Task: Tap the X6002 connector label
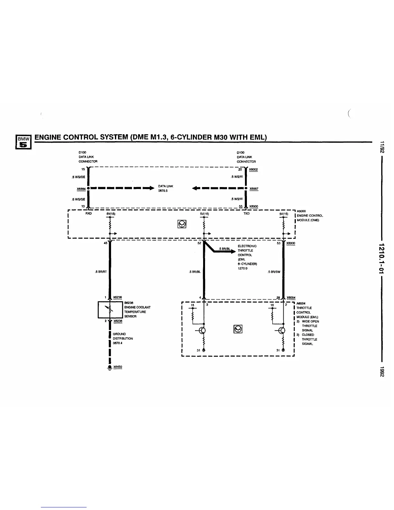254,170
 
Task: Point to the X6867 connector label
254,189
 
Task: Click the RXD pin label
88,213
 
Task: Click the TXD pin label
247,213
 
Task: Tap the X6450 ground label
118,367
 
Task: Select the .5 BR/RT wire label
101,272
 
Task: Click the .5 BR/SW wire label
274,272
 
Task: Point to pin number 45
106,243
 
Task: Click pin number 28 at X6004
278,297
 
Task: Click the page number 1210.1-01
382,258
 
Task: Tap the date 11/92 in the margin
382,147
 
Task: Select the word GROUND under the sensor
119,334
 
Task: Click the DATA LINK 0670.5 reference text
165,188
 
